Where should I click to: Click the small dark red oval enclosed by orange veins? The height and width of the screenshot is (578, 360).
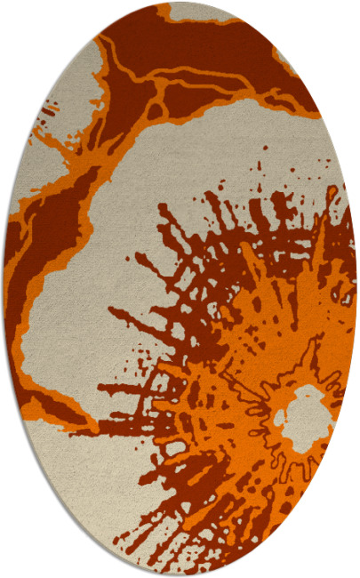click(156, 111)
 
